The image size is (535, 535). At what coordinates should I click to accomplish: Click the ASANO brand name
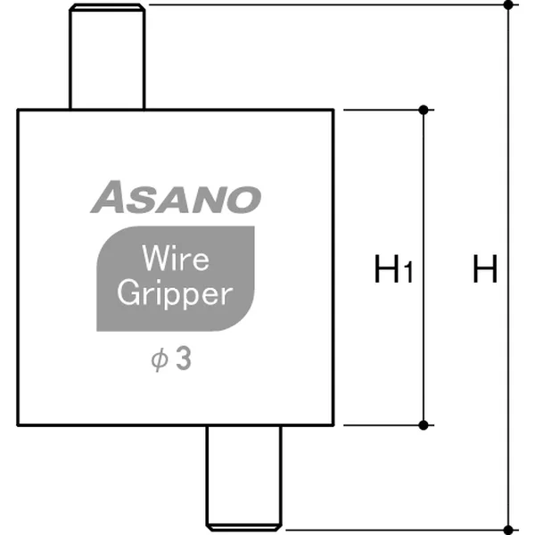pyautogui.click(x=175, y=197)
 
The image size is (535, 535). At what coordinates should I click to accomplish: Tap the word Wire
pyautogui.click(x=176, y=259)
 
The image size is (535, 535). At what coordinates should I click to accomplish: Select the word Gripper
pyautogui.click(x=175, y=295)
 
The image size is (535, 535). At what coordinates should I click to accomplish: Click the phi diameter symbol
pyautogui.click(x=160, y=361)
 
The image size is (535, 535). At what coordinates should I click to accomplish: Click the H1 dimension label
pyautogui.click(x=392, y=269)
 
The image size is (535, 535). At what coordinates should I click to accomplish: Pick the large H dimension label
pyautogui.click(x=484, y=268)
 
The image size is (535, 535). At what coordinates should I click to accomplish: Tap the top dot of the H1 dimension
pyautogui.click(x=424, y=110)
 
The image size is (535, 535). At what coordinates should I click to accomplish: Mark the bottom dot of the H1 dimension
pyautogui.click(x=424, y=424)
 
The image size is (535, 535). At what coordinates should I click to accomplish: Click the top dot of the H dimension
pyautogui.click(x=508, y=5)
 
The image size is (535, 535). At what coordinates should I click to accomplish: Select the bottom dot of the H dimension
pyautogui.click(x=508, y=528)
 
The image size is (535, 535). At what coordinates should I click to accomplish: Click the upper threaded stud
pyautogui.click(x=107, y=58)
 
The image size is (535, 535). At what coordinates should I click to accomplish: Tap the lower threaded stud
pyautogui.click(x=243, y=477)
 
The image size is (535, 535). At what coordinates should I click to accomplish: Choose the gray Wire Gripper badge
pyautogui.click(x=175, y=277)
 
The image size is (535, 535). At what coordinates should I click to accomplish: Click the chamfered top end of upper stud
pyautogui.click(x=107, y=8)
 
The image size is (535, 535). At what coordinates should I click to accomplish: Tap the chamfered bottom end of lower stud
pyautogui.click(x=243, y=525)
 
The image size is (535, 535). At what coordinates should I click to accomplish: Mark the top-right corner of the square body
pyautogui.click(x=333, y=110)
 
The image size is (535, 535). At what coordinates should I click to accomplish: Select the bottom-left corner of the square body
pyautogui.click(x=19, y=424)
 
